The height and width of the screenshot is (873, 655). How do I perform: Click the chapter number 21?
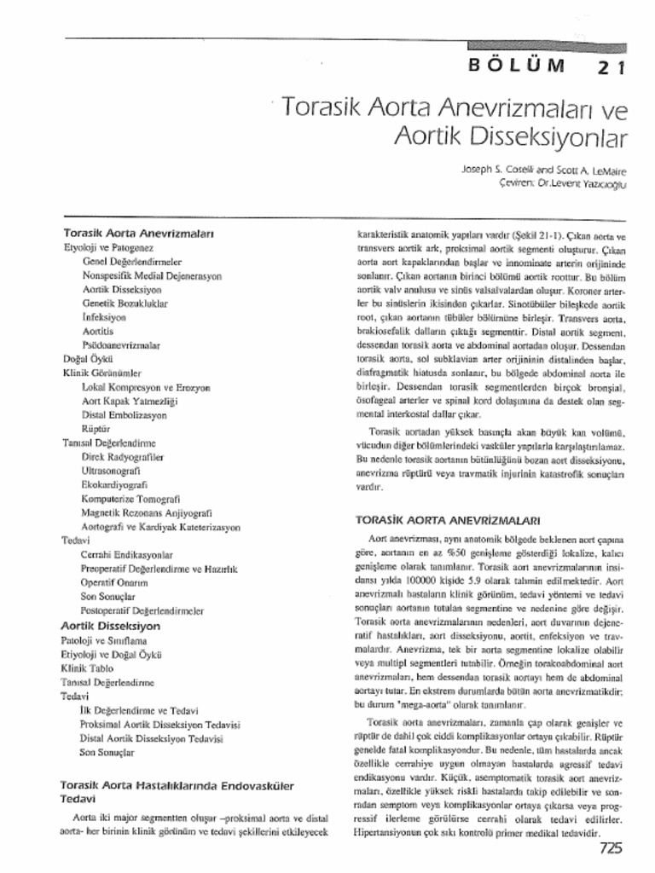click(x=609, y=67)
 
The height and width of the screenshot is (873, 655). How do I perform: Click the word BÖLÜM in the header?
click(x=517, y=66)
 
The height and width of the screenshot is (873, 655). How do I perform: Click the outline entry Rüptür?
click(x=96, y=428)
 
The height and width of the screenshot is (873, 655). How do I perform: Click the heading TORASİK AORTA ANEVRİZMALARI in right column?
click(x=448, y=517)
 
